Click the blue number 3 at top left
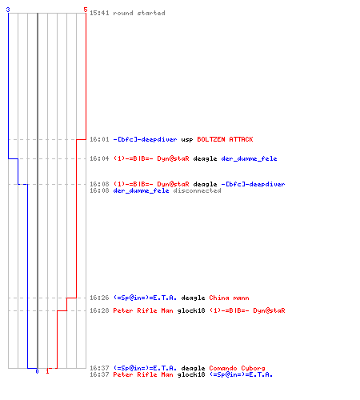pyautogui.click(x=8, y=10)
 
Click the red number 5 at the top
pyautogui.click(x=86, y=10)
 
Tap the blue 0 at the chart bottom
pyautogui.click(x=37, y=371)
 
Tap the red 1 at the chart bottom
pyautogui.click(x=47, y=371)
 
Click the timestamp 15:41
pyautogui.click(x=99, y=13)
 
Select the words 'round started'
pyautogui.click(x=139, y=13)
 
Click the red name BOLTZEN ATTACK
pyautogui.click(x=225, y=139)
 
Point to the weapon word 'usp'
pyautogui.click(x=187, y=140)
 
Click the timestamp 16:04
pyautogui.click(x=99, y=158)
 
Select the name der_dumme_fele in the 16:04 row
pyautogui.click(x=249, y=158)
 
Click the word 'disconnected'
pyautogui.click(x=197, y=190)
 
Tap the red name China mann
pyautogui.click(x=229, y=298)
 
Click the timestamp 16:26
pyautogui.click(x=99, y=298)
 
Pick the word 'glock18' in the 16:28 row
pyautogui.click(x=191, y=310)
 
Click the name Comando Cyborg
pyautogui.click(x=237, y=368)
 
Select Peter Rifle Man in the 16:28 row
pyautogui.click(x=143, y=310)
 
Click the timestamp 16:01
pyautogui.click(x=99, y=139)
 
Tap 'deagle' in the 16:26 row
pyautogui.click(x=193, y=298)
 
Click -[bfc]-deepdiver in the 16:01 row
pyautogui.click(x=145, y=139)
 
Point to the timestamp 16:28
pyautogui.click(x=99, y=310)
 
